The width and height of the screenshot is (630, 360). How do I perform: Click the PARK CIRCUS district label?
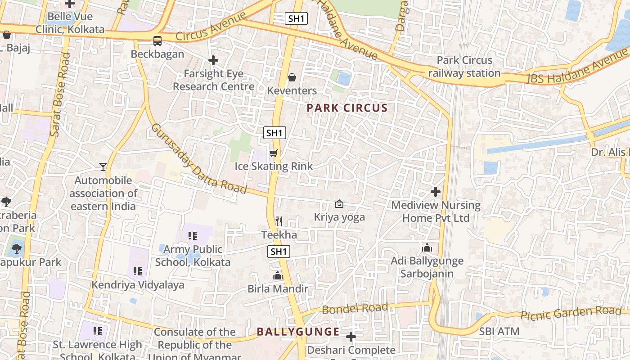pyautogui.click(x=347, y=108)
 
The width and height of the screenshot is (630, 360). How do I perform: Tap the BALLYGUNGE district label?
pyautogui.click(x=298, y=332)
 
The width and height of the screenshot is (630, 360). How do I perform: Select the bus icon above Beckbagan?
pyautogui.click(x=157, y=41)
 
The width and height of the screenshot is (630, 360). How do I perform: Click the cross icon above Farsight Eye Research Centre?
pyautogui.click(x=213, y=60)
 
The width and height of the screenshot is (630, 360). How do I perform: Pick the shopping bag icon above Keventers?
pyautogui.click(x=292, y=77)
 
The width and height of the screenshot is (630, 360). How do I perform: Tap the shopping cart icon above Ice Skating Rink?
pyautogui.click(x=273, y=153)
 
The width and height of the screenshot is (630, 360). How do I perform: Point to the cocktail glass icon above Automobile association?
pyautogui.click(x=103, y=167)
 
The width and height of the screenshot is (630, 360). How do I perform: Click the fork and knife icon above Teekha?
pyautogui.click(x=279, y=221)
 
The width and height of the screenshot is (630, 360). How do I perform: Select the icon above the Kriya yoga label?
pyautogui.click(x=339, y=204)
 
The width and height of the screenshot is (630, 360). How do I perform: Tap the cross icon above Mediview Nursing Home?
pyautogui.click(x=435, y=192)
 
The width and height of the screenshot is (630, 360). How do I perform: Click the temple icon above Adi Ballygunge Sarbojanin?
pyautogui.click(x=427, y=247)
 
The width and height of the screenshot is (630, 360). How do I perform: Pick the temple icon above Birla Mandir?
pyautogui.click(x=278, y=275)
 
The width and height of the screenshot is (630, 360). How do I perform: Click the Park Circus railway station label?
pyautogui.click(x=464, y=67)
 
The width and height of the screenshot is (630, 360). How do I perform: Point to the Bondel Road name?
pyautogui.click(x=355, y=309)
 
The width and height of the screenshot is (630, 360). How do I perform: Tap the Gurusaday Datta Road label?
pyautogui.click(x=198, y=159)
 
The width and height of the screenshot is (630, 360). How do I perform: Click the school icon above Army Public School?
pyautogui.click(x=193, y=236)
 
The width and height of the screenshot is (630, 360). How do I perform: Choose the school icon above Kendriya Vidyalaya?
pyautogui.click(x=138, y=271)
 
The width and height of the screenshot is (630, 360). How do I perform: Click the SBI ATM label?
pyautogui.click(x=499, y=332)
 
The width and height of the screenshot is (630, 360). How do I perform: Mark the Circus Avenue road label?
pyautogui.click(x=211, y=27)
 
